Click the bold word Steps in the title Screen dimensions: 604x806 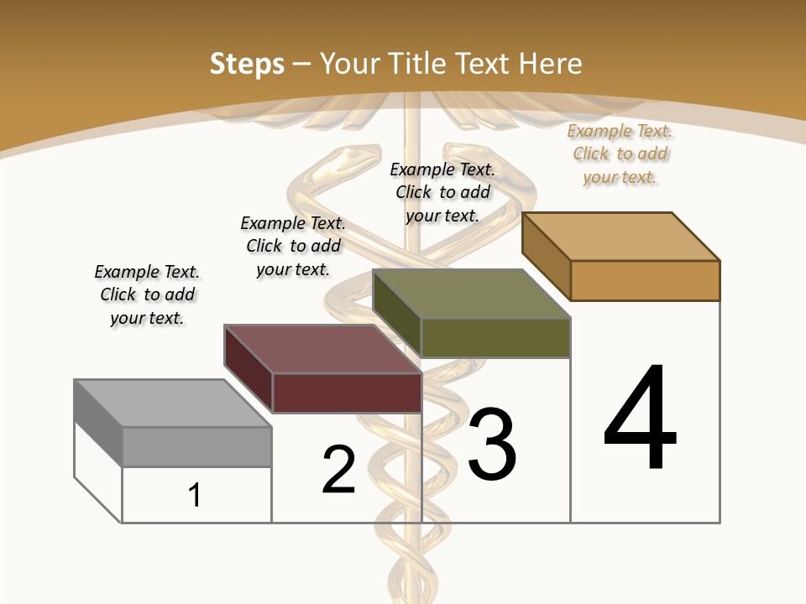point(247,64)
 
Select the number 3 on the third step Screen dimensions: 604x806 point(492,445)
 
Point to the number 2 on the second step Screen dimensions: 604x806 point(339,470)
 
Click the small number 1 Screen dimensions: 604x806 point(195,496)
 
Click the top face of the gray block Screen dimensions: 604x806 point(172,403)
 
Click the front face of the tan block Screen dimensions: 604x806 point(645,280)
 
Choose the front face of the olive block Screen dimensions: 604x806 point(495,337)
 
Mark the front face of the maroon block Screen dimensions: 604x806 point(347,393)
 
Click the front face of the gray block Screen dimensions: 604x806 point(197,446)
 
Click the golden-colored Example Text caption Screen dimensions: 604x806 point(620,154)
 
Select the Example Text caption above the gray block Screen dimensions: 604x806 point(147,294)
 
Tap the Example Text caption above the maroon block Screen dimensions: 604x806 point(292,246)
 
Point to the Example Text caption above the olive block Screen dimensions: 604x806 point(442,192)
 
